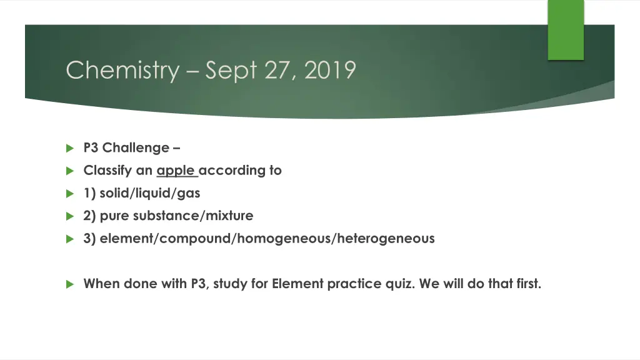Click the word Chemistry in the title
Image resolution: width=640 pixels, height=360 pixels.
coord(122,70)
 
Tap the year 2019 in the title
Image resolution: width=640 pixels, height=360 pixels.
coord(331,70)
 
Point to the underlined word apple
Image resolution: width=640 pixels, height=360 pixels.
coord(176,171)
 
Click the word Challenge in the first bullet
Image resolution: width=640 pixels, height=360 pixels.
coord(136,148)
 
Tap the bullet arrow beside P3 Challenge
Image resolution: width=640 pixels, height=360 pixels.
coord(69,148)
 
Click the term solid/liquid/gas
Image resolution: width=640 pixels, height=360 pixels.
coord(150,193)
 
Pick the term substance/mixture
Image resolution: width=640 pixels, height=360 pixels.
coord(193,216)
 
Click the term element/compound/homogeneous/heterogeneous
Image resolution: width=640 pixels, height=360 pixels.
coord(267,238)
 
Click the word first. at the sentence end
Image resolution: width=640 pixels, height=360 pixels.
coord(526,284)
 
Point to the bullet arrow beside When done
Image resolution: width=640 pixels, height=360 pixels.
coord(69,284)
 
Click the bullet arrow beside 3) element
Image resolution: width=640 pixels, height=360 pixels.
coord(69,238)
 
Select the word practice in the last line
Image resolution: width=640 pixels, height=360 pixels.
coord(353,284)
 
